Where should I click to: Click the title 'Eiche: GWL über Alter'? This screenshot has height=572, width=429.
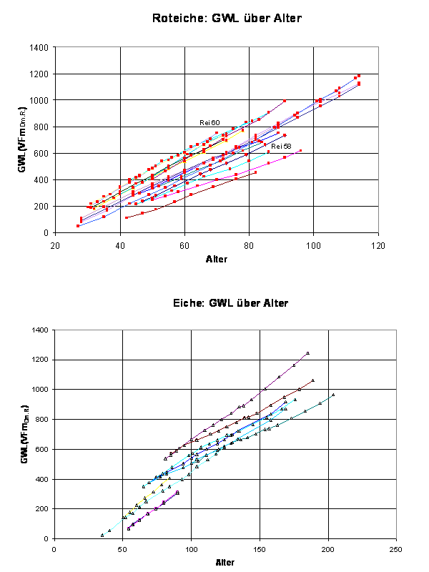coord(231,303)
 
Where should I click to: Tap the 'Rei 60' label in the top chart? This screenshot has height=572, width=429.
coord(209,123)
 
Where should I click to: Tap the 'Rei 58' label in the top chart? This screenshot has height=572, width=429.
coord(281,146)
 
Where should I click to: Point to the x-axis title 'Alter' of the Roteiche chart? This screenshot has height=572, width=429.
coord(217,258)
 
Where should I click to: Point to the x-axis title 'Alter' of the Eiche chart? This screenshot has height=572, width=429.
coord(225,562)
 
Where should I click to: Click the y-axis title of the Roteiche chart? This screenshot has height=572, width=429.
coord(24,140)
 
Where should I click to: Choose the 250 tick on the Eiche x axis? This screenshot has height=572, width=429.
coord(396,550)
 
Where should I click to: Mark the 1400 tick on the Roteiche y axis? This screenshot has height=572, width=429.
coord(39,48)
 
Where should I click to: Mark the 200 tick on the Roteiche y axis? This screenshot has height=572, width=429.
coord(41,206)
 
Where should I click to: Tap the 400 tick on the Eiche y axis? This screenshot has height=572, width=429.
coord(41,479)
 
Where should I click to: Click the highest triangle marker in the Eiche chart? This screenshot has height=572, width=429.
coord(307,353)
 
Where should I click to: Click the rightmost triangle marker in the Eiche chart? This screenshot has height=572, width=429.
coord(333,395)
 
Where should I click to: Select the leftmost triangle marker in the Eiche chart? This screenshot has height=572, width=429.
coord(102,535)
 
